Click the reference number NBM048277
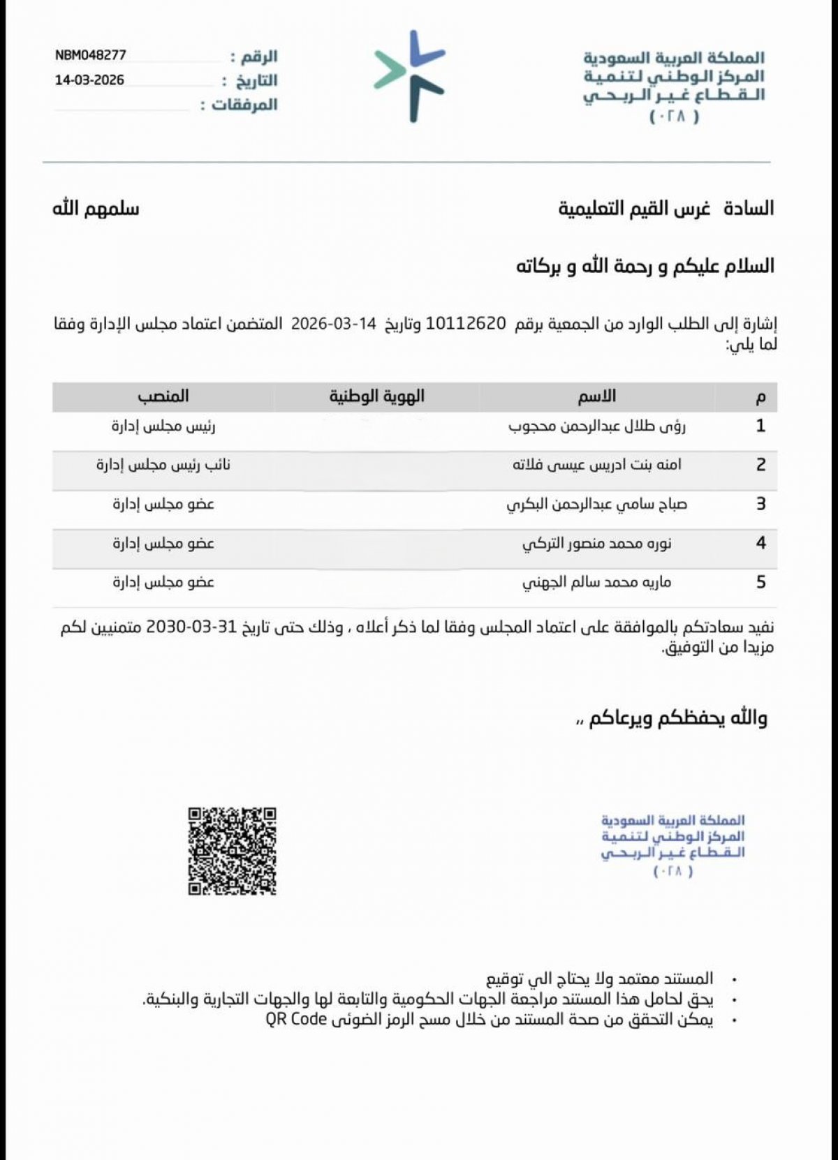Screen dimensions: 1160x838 pos(91,55)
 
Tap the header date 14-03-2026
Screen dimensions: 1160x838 pos(89,80)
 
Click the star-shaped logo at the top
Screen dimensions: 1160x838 pos(410,75)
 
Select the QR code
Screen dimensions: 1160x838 pos(232,851)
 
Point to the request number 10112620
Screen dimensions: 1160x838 pos(465,323)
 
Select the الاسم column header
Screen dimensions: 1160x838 pos(596,396)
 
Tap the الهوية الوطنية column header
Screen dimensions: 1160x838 pos(377,396)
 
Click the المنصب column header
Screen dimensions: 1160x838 pos(163,396)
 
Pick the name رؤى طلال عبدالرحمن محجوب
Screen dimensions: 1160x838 pos(596,426)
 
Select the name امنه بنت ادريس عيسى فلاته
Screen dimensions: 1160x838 pos(596,465)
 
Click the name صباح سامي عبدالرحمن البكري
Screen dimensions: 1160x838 pos(596,504)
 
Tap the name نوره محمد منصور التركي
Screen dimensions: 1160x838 pos(596,543)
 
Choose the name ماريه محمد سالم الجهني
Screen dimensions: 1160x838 pos(596,582)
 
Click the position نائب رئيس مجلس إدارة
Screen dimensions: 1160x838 pos(163,465)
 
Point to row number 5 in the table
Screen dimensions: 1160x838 pos(760,582)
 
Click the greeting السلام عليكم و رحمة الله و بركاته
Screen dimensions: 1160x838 pos(645,266)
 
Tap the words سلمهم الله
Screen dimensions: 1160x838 pos(96,209)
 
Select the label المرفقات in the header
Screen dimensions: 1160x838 pos(244,105)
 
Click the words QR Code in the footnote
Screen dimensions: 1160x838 pos(296,1019)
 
